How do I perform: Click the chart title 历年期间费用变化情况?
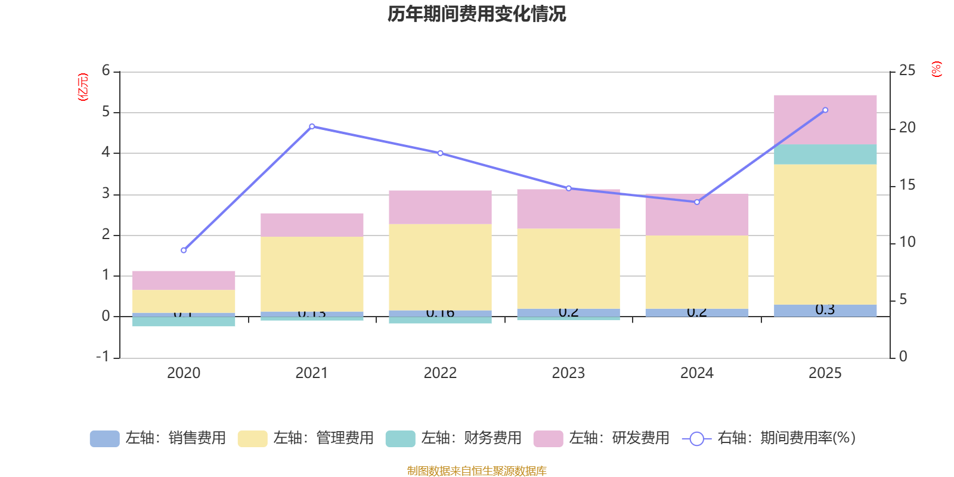pos(476,14)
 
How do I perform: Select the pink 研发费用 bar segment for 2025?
pos(825,119)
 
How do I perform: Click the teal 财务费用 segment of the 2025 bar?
pos(825,154)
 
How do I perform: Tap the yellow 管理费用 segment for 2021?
pos(312,274)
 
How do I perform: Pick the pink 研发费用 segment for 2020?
pos(184,280)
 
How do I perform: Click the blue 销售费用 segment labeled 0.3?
pos(825,310)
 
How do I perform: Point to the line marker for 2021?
pos(312,126)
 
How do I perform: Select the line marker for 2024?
pos(697,202)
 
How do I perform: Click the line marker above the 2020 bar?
pos(184,250)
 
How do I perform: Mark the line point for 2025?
pos(825,110)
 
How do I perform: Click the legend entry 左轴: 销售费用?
pos(158,438)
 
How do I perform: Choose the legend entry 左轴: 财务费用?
pos(454,438)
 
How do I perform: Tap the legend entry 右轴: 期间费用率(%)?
pos(769,438)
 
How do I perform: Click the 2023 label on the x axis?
pos(568,373)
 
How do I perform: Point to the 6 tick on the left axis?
pos(106,71)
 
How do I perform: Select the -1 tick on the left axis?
pos(103,357)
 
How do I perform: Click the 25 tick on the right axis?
pos(907,71)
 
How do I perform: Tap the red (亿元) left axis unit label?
pos(83,87)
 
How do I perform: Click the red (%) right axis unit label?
pos(936,69)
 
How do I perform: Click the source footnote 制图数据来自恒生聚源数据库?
pos(476,471)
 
